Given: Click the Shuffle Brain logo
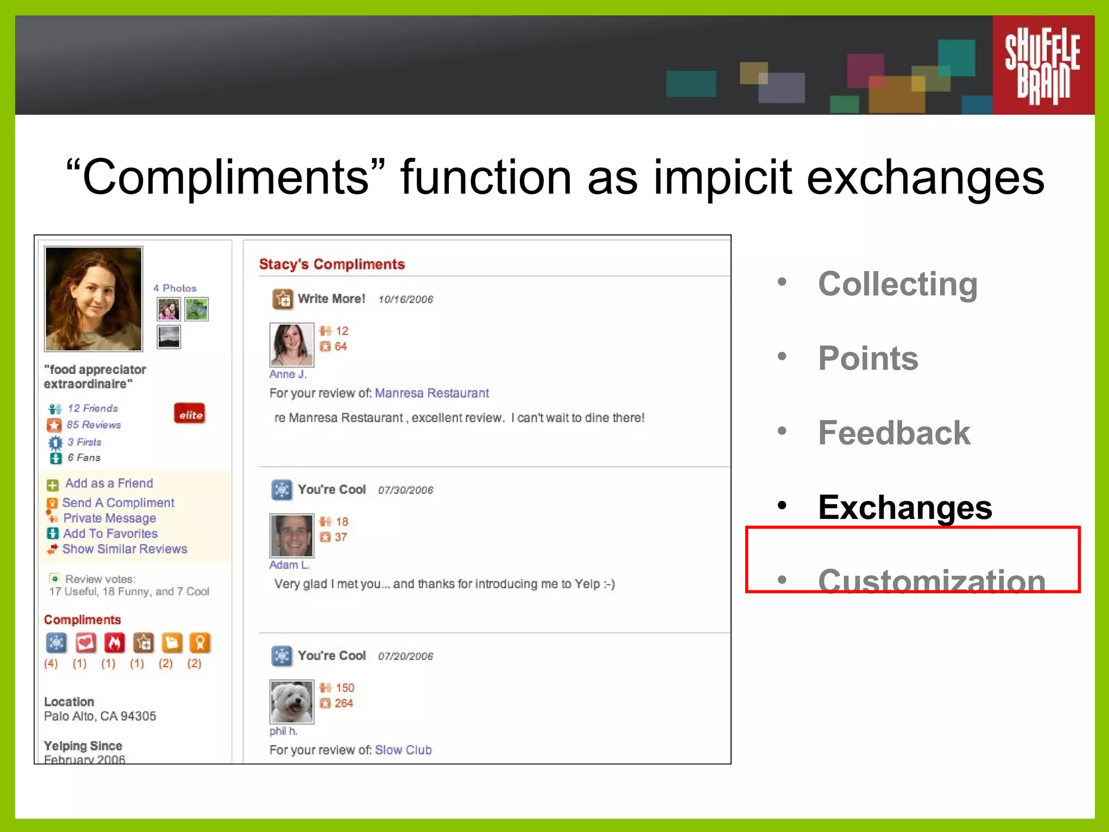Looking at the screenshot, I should tap(1042, 65).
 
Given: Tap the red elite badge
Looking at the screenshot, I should tap(190, 414).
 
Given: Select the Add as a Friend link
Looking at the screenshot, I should tap(109, 483).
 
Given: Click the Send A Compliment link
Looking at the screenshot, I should tap(118, 503).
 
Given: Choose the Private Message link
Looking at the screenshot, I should tap(109, 518).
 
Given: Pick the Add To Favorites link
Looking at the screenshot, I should tap(110, 534).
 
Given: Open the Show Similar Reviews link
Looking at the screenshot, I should tap(125, 549).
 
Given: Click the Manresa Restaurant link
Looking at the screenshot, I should tap(432, 393).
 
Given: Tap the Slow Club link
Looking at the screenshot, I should tap(403, 750).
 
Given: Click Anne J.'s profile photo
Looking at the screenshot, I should tap(291, 344).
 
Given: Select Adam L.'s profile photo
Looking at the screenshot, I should tap(291, 535).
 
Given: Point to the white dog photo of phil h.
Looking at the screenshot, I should tap(291, 701).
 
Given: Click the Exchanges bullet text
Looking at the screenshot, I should tap(905, 508).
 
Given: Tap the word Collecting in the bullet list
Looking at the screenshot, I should tap(898, 284).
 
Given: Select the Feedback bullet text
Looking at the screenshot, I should tap(894, 433).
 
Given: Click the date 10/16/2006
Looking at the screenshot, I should tap(406, 300).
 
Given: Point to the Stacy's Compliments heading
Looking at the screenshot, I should tap(332, 264).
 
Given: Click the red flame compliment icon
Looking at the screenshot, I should tap(114, 643).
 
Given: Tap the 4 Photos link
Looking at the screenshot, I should tap(175, 288).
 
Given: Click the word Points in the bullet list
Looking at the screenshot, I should tap(868, 359).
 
